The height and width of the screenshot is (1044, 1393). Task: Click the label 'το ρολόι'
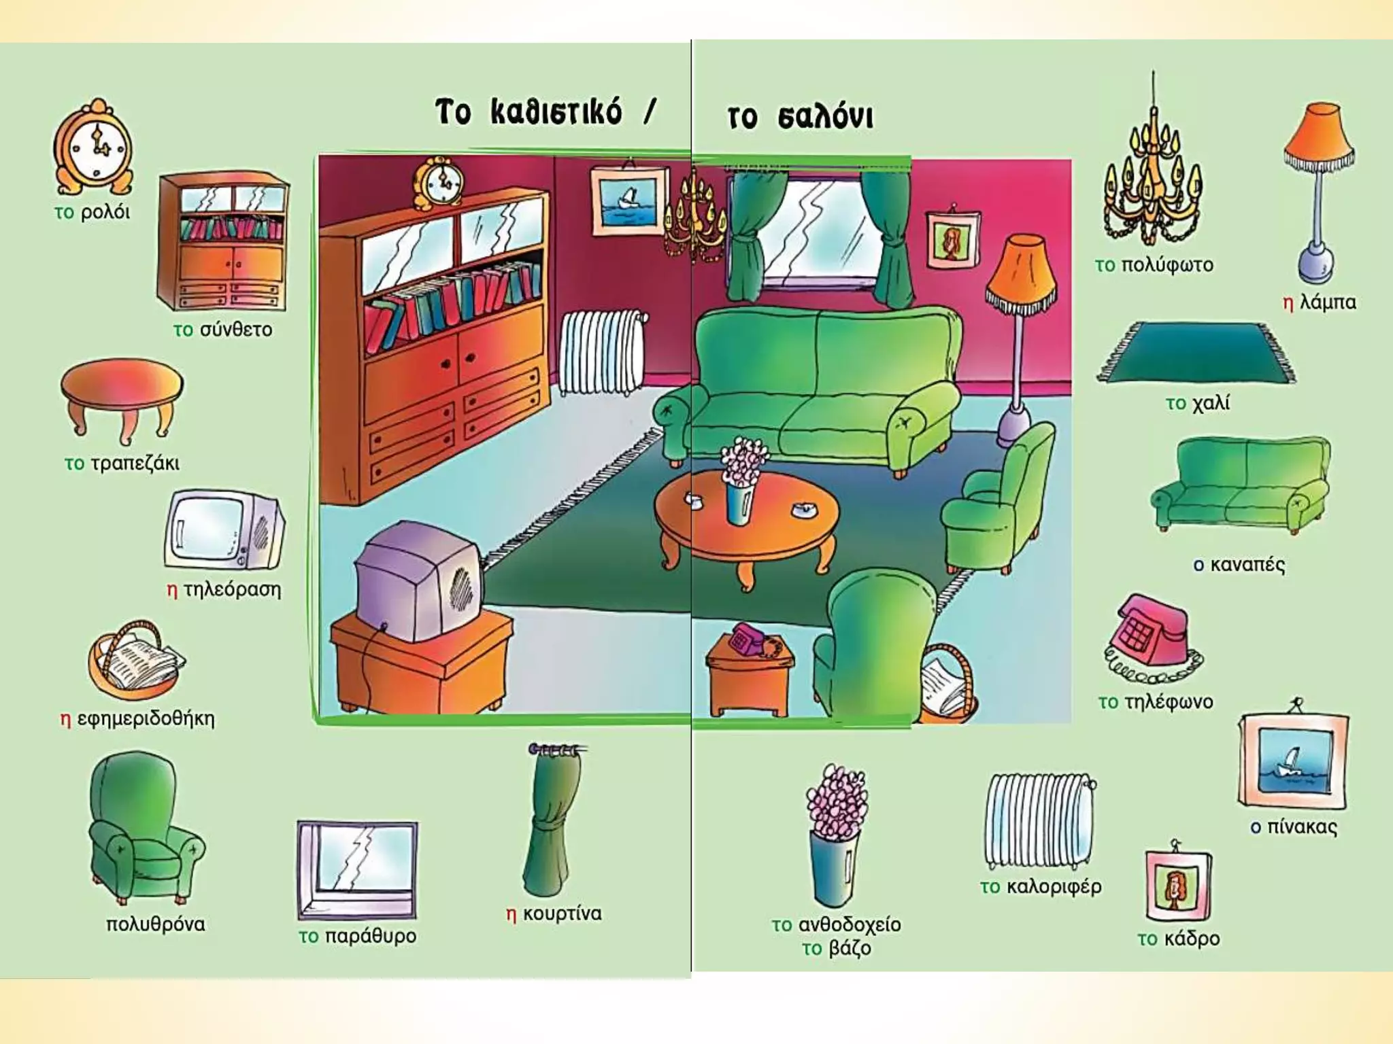[92, 212]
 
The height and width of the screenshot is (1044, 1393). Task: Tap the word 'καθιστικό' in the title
[556, 113]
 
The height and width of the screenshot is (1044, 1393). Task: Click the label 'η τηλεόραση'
[224, 589]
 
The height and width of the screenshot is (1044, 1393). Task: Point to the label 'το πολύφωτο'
[1154, 264]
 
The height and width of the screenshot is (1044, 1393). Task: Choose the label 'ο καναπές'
[1239, 564]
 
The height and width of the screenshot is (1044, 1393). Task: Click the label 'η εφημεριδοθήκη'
[137, 718]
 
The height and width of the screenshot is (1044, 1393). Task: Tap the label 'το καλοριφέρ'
[1040, 886]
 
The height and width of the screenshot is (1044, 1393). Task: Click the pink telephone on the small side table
[747, 639]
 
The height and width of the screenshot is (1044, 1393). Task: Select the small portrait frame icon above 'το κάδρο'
[1177, 884]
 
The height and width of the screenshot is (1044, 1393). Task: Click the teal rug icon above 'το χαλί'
[1196, 353]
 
